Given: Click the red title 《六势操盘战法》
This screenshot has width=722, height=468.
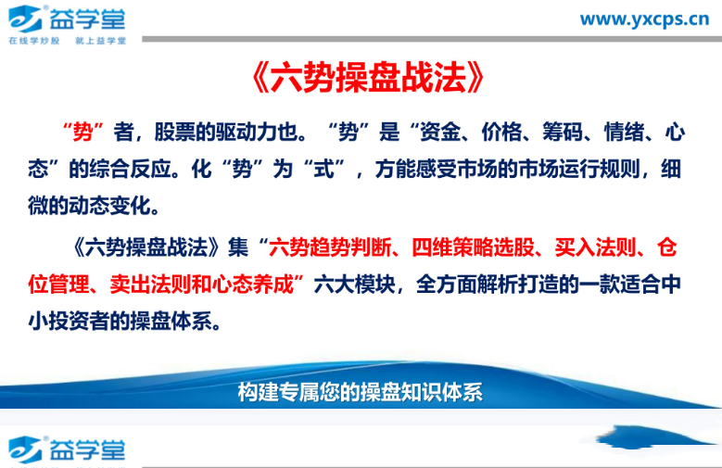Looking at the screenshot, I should [368, 81].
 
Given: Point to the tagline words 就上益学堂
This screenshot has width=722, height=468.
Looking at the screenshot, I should [101, 41].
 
